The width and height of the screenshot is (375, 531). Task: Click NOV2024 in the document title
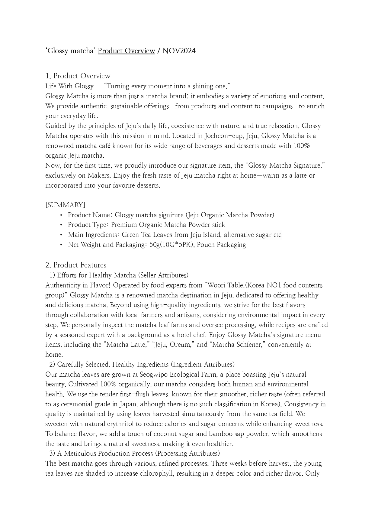pyautogui.click(x=179, y=51)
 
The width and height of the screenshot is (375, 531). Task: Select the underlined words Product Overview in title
pyautogui.click(x=126, y=51)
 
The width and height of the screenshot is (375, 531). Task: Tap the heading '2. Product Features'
pyautogui.click(x=76, y=265)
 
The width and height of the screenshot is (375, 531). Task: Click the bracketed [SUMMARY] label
pyautogui.click(x=65, y=205)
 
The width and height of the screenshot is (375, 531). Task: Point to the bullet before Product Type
pyautogui.click(x=61, y=225)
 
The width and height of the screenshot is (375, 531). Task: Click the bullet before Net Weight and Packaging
pyautogui.click(x=61, y=245)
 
